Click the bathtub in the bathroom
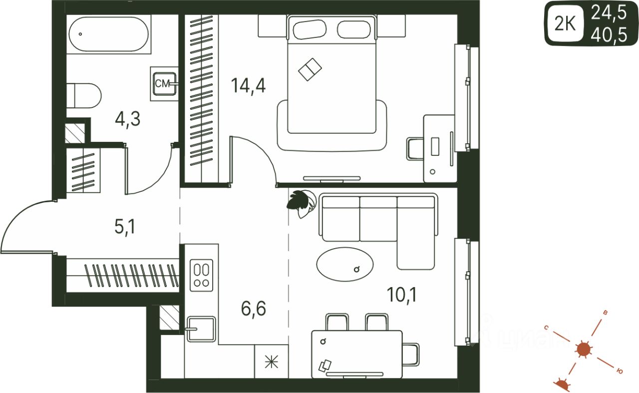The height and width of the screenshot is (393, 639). click(x=108, y=35)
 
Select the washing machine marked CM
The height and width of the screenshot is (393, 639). click(x=163, y=84)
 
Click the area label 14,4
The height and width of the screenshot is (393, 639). click(x=248, y=85)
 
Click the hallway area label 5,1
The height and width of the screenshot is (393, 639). click(x=125, y=228)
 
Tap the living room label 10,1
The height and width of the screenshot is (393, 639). click(x=401, y=295)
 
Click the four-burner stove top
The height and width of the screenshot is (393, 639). click(x=202, y=275)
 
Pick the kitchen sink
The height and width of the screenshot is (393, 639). click(x=201, y=329)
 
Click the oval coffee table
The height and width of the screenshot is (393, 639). click(x=345, y=263)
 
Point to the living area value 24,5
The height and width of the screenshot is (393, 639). click(x=609, y=12)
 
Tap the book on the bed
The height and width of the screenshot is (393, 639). click(x=310, y=69)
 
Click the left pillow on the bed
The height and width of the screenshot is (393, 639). click(x=310, y=29)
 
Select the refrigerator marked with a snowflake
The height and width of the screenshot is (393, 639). click(x=272, y=362)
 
